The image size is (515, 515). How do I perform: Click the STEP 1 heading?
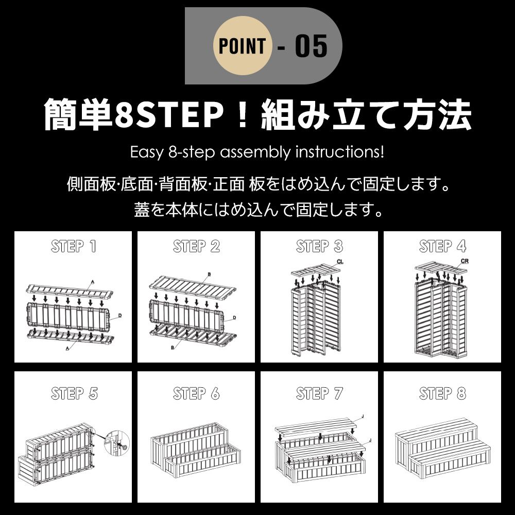74,247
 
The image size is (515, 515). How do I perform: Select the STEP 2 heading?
196,247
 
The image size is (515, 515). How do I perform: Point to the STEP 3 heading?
319,247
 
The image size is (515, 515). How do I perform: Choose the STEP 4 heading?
442,247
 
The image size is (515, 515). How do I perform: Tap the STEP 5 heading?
74,394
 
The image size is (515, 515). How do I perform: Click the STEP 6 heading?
196,394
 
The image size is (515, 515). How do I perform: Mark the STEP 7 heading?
319,394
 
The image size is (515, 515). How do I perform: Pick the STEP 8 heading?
442,394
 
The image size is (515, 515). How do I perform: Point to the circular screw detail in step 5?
116,442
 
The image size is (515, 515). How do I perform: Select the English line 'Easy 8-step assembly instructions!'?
257,153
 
